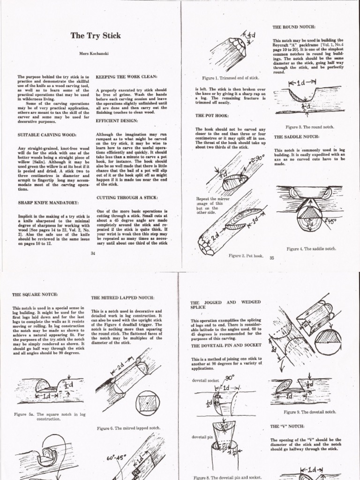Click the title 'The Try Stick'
pos(95,36)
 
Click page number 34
pos(92,253)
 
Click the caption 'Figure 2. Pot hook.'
pos(246,256)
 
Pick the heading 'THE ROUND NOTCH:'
pos(294,27)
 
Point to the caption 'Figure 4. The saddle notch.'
pos(311,249)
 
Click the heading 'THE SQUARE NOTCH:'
pos(36,294)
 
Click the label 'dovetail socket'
pos(206,380)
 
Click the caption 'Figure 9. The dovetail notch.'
pos(310,412)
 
